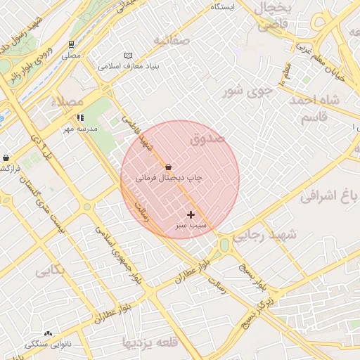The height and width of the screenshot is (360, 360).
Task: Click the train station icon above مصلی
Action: [72, 44]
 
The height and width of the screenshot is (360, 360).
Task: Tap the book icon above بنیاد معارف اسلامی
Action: [128, 56]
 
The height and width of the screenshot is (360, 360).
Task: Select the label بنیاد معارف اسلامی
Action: [129, 66]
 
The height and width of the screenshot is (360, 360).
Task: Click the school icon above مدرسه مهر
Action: [81, 118]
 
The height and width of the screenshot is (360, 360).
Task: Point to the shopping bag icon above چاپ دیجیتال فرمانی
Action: [168, 167]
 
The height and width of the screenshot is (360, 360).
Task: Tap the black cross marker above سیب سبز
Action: [191, 214]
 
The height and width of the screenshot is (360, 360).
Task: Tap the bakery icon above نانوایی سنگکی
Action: [48, 333]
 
